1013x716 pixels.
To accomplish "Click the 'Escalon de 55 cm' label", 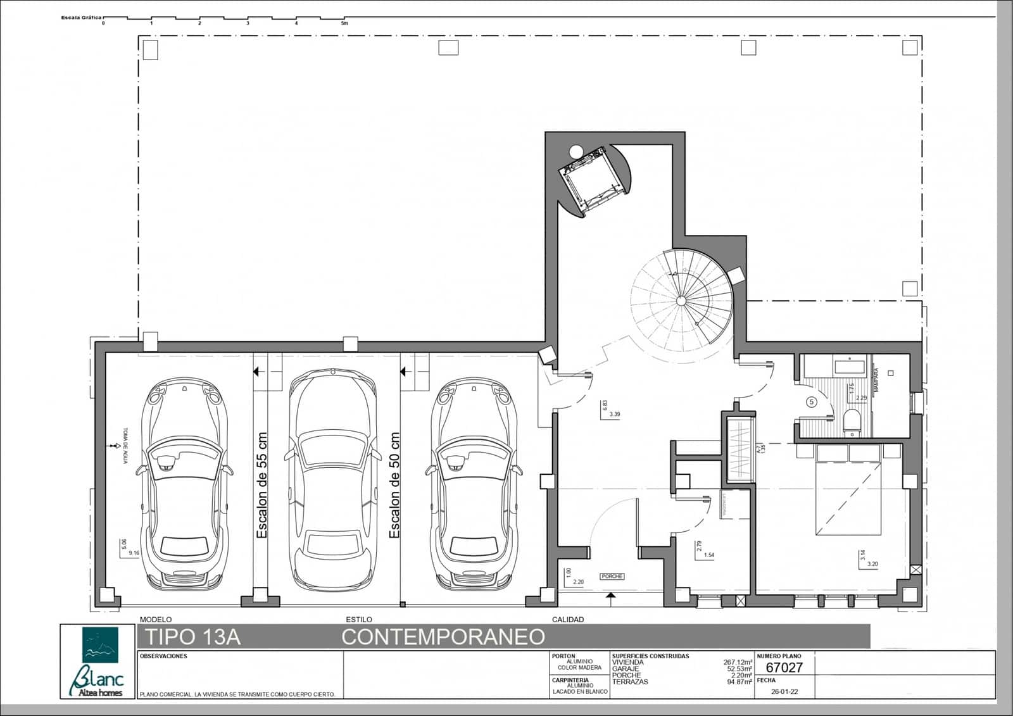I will tap(262, 486).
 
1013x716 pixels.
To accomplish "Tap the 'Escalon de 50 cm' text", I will tap(395, 486).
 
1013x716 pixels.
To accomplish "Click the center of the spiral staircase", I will tap(682, 299).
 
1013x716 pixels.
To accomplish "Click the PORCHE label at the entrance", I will tap(612, 576).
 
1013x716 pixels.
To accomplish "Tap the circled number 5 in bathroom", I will tap(812, 401).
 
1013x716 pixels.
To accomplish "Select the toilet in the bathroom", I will tap(852, 422).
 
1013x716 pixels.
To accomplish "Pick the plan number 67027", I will tap(784, 667).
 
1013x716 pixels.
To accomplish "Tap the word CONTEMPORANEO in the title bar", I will tap(443, 636).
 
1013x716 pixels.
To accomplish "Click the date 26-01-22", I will tap(784, 692).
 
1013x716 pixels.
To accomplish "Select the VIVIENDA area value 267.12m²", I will tap(738, 663).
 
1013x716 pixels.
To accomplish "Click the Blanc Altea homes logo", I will tap(98, 662).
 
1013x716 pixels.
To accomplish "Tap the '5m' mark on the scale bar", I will tap(344, 23).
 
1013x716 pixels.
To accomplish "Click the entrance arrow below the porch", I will tap(610, 596).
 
